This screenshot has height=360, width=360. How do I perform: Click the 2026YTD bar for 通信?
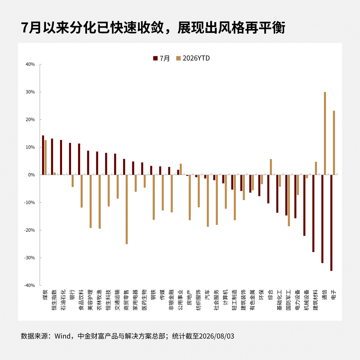pos(325,133)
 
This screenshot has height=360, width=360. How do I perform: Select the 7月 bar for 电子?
pos(331,223)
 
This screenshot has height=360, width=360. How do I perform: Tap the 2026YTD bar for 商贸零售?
pos(127,209)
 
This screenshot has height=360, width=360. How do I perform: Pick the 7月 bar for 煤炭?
pos(43,155)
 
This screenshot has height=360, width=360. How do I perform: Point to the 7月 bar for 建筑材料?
pos(313,213)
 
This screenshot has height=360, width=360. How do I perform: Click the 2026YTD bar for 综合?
pos(271,167)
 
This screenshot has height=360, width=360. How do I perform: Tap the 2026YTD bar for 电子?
pos(334,143)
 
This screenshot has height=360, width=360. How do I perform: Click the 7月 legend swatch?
pos(155,58)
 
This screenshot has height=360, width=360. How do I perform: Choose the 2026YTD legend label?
pos(196,58)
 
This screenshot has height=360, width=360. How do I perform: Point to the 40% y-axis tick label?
pos(30,64)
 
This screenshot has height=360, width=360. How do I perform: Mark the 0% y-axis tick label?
pos(31,175)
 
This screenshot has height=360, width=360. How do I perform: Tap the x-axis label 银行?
pos(72,295)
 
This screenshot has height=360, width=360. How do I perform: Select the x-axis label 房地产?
pos(189,297)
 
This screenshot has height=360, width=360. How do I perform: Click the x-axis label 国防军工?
pos(288,300)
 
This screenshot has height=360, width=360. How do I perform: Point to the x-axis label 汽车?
pos(207,295)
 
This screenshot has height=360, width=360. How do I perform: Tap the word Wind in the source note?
pos(63,336)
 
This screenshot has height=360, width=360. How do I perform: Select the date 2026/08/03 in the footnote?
pos(217,336)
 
